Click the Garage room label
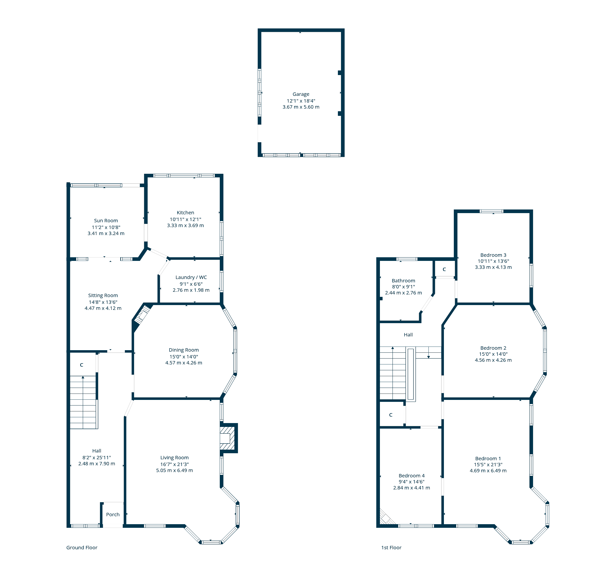(x=301, y=94)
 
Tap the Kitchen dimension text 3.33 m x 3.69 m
(x=185, y=225)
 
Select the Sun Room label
(x=106, y=220)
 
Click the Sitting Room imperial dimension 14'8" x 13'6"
(x=103, y=302)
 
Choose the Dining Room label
(x=184, y=350)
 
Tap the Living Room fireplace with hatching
(x=228, y=438)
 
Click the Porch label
(x=113, y=514)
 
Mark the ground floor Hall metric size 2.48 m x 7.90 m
(x=97, y=463)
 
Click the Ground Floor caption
(x=82, y=548)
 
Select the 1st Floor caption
(x=391, y=548)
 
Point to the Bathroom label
(x=403, y=280)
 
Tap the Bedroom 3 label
(x=493, y=255)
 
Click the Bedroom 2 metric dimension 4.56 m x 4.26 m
(x=493, y=360)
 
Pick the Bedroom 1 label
(x=488, y=458)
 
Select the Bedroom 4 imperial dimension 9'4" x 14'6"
(x=411, y=481)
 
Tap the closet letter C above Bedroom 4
(x=391, y=415)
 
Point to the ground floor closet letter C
(x=81, y=365)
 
